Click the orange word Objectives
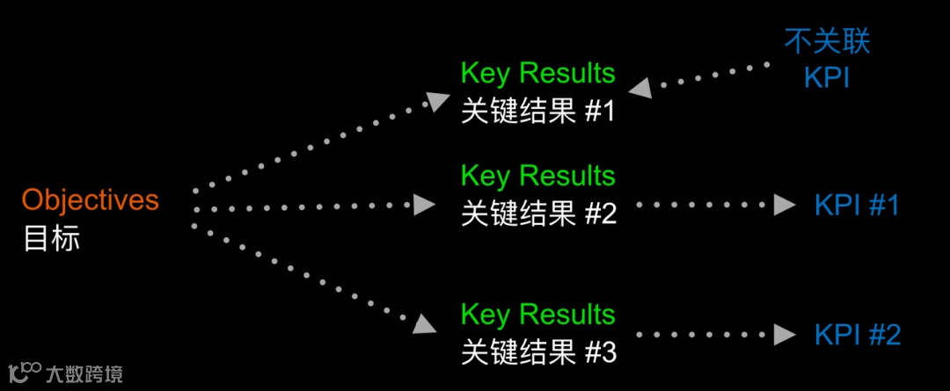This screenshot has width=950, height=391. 91,200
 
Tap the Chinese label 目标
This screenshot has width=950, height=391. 51,238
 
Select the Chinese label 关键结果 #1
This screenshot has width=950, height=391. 537,112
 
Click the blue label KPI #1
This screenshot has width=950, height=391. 857,206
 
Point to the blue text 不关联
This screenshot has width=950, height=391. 827,40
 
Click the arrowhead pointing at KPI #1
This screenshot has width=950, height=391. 784,206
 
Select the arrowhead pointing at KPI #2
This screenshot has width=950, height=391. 784,335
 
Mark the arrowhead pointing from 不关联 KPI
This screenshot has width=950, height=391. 639,87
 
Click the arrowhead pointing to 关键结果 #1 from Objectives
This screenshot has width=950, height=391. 435,99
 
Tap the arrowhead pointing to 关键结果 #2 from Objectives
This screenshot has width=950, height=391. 425,206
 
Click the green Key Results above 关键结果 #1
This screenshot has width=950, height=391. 537,74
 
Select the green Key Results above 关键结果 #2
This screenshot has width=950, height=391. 537,176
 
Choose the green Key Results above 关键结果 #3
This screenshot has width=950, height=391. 537,315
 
